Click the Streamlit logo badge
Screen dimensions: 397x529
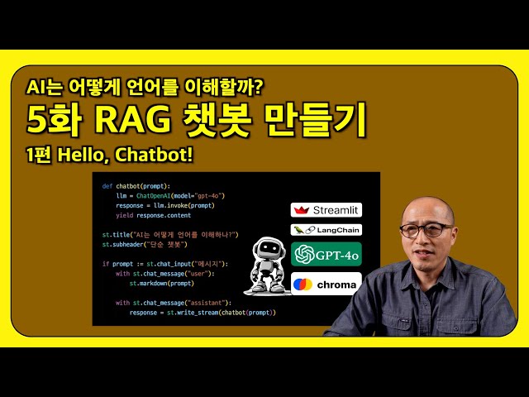pos(326,210)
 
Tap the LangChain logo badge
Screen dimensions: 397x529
pos(326,230)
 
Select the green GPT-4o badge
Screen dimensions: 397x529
pos(326,254)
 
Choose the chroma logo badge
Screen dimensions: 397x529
pos(326,284)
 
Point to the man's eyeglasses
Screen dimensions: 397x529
pos(427,229)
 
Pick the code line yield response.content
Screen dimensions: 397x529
pos(148,215)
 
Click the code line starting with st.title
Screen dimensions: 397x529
pos(170,235)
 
